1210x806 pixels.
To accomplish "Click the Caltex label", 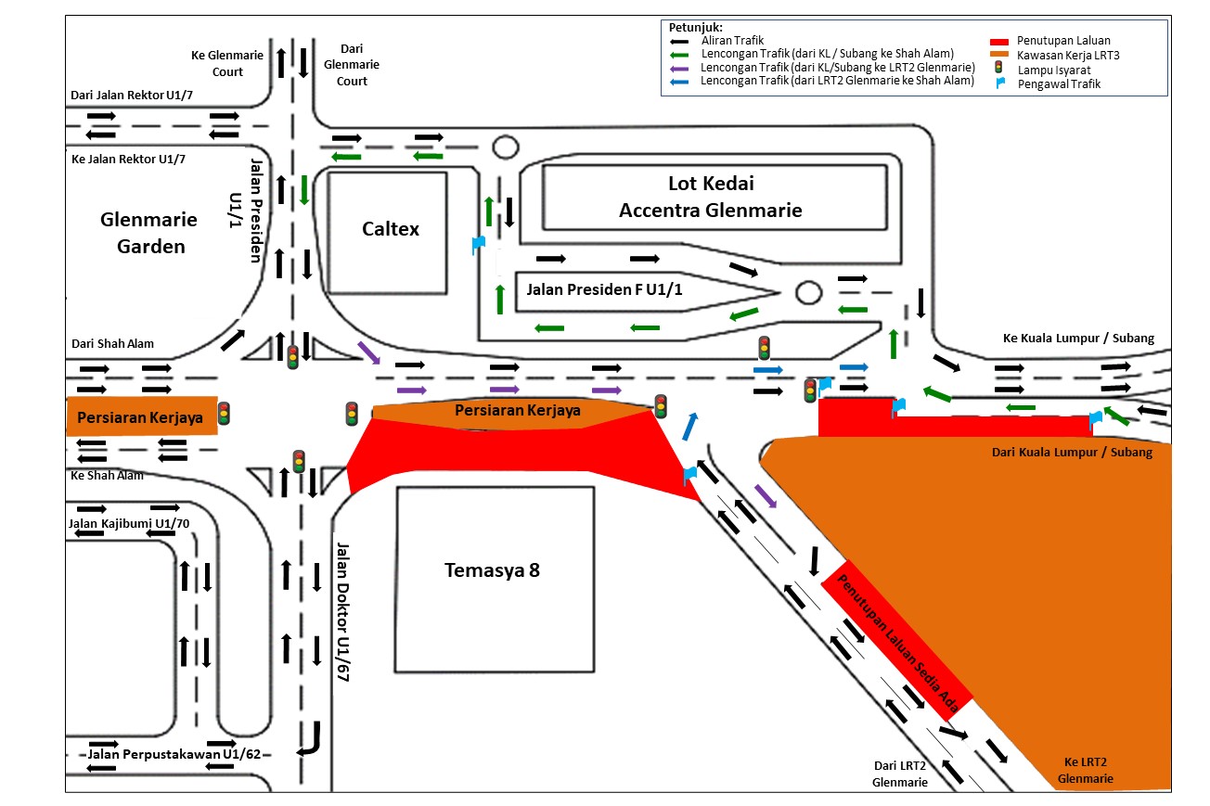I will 390,228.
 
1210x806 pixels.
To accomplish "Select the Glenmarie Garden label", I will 150,233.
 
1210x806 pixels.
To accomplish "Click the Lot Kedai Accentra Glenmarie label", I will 710,197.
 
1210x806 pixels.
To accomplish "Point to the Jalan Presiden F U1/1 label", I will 604,289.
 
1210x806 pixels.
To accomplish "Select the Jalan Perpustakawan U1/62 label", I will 161,754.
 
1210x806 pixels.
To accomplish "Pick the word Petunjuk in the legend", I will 695,27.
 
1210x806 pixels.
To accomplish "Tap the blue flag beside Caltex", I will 478,245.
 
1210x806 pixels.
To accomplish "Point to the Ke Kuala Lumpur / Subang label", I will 1078,339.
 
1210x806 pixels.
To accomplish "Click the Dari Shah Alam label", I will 112,344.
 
